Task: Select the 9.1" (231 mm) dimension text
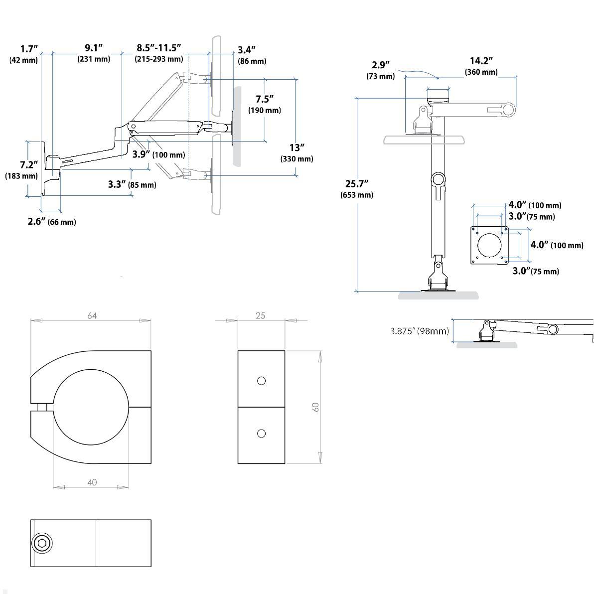pos(94,53)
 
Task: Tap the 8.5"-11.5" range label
pos(158,53)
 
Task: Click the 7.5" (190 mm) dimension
pos(264,104)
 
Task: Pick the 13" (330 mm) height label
pos(297,153)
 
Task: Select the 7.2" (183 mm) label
pos(21,170)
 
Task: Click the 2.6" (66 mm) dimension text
pos(51,222)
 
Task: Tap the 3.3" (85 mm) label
pos(132,184)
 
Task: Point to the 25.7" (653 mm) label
pos(356,189)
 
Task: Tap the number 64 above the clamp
pos(92,315)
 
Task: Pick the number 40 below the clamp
pos(92,482)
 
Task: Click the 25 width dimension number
pos(261,315)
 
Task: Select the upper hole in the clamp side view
pos(261,381)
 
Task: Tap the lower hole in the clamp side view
pos(261,434)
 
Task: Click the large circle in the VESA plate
pos(490,245)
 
